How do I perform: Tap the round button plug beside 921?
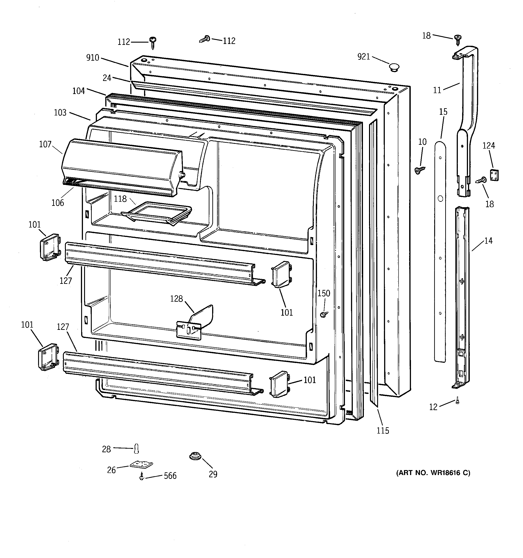[x=394, y=67]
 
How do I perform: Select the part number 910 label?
[x=93, y=58]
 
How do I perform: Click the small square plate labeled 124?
[x=494, y=175]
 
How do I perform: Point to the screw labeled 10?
[x=420, y=170]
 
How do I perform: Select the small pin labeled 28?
[x=137, y=448]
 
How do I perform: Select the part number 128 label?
[x=176, y=299]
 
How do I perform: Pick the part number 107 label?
[x=45, y=144]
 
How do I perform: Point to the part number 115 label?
[x=383, y=431]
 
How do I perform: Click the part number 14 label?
[x=488, y=241]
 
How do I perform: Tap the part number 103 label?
[x=60, y=113]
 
